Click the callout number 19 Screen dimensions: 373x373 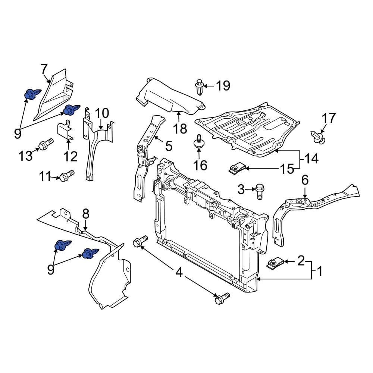(x=223, y=86)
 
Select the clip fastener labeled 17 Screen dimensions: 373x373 (x=317, y=137)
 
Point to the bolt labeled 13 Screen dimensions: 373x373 (x=46, y=144)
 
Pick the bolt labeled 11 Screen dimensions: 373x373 (x=66, y=175)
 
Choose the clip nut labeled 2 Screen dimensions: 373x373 (x=275, y=263)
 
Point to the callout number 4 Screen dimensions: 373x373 (x=179, y=273)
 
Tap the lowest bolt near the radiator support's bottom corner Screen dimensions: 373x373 (x=222, y=298)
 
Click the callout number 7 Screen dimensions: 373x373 (x=44, y=69)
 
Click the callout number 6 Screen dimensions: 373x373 (x=305, y=181)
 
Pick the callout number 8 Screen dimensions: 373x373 (x=86, y=214)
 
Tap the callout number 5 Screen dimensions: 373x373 (x=169, y=146)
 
